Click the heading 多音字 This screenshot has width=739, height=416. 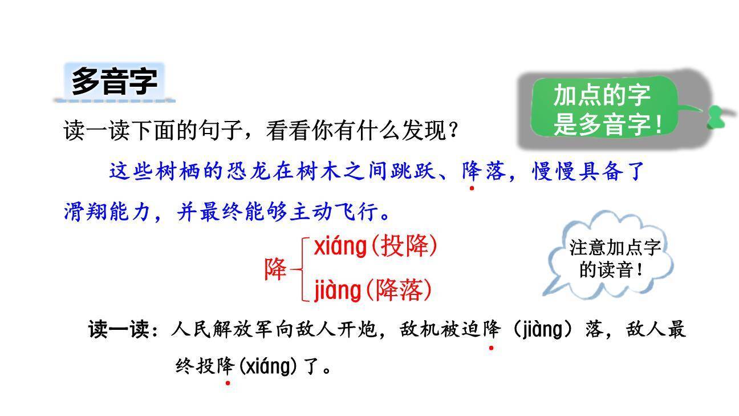tap(114, 82)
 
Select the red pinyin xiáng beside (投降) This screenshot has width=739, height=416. tap(340, 247)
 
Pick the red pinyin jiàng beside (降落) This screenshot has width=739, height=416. tap(338, 290)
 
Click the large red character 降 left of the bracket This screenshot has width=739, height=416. tap(275, 269)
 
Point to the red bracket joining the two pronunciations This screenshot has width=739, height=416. tap(302, 269)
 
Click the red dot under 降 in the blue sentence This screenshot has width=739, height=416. tap(472, 188)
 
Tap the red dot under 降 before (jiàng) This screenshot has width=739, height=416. tap(491, 347)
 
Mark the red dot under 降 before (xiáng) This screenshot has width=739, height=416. tap(228, 383)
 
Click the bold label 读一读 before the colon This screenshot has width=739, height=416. tap(118, 330)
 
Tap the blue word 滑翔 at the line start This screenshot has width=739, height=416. tap(86, 212)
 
